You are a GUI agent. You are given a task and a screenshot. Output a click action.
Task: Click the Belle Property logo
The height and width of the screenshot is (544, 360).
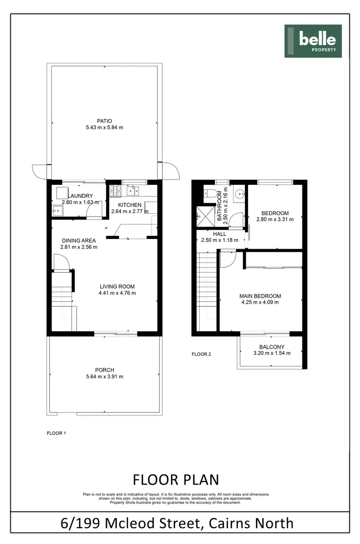pos(313,41)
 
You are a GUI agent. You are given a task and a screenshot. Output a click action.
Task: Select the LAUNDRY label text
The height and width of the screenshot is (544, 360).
pos(80,196)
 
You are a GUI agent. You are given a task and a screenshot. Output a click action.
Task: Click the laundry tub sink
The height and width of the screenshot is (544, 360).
pos(58,209)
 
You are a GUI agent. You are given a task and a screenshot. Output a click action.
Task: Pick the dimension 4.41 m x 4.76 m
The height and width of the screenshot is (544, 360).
pos(117,293)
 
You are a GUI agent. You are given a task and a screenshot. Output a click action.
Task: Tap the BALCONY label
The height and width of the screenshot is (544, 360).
pos(272,347)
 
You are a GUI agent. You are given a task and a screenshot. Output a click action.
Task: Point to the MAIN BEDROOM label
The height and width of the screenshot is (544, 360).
pos(260,296)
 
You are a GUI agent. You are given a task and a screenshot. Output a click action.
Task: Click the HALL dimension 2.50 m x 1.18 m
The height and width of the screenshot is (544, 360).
pos(220,240)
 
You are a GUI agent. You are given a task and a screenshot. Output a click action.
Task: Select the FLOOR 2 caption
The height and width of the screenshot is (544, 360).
pos(201,354)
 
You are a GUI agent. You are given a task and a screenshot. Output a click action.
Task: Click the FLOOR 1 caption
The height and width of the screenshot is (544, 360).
pos(56,433)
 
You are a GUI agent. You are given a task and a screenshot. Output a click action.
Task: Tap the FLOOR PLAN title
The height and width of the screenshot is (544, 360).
pos(176,480)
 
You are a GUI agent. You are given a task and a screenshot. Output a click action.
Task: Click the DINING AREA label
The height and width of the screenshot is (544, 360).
pos(79,241)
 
